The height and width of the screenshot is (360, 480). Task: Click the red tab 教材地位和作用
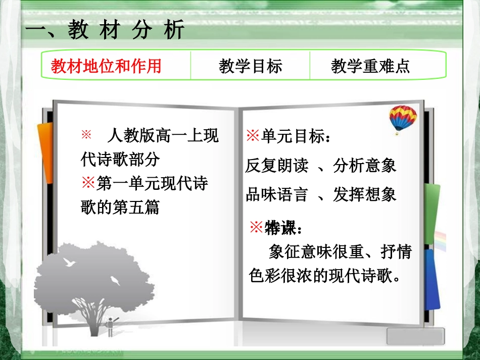(107, 66)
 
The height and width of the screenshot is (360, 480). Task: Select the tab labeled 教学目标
(250, 66)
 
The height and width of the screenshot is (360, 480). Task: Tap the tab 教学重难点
(370, 66)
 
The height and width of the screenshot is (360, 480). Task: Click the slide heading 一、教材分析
(105, 31)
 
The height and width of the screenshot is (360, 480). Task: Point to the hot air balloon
(403, 119)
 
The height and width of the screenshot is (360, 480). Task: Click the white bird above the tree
(69, 262)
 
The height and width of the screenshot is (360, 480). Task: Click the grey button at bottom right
(415, 336)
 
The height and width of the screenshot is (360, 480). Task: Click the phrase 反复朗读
(276, 166)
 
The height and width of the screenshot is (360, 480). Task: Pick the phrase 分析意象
(365, 166)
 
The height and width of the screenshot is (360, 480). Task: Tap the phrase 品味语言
(276, 195)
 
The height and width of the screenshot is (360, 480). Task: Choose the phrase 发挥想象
(365, 195)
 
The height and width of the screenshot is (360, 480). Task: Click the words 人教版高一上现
(163, 135)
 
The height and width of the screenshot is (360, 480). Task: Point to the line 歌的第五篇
(120, 207)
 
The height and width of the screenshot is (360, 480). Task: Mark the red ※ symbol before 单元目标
(252, 136)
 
